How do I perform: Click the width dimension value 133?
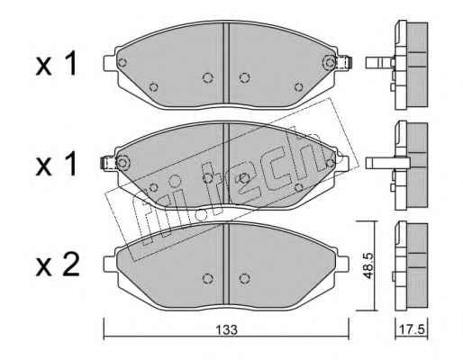[227, 329]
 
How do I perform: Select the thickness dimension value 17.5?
[412, 329]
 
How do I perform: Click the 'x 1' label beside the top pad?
[56, 64]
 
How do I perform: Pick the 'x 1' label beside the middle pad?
[56, 164]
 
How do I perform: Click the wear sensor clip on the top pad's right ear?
[344, 63]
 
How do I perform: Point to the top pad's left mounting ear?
[110, 63]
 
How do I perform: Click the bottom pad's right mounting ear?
[343, 264]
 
